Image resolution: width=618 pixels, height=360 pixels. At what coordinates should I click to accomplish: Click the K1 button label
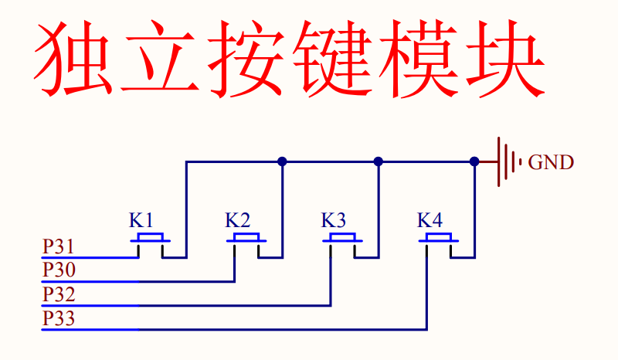click(x=141, y=220)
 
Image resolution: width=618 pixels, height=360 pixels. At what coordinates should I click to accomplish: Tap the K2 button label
click(x=237, y=220)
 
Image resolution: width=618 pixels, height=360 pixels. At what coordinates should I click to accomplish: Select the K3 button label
click(x=334, y=220)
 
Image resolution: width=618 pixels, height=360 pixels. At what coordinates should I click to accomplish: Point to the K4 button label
click(x=430, y=220)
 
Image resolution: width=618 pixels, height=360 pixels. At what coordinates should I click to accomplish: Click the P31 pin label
click(x=59, y=246)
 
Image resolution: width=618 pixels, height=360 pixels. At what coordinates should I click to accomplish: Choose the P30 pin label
click(x=59, y=270)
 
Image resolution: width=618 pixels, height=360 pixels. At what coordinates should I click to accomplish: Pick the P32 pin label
click(x=59, y=294)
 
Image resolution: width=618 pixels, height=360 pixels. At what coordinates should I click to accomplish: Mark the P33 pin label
click(x=59, y=318)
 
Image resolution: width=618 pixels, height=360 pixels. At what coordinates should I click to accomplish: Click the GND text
click(x=551, y=162)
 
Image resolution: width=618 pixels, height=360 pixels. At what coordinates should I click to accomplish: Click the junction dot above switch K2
click(x=282, y=161)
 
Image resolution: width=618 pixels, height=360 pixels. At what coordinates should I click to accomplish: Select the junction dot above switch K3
click(x=379, y=161)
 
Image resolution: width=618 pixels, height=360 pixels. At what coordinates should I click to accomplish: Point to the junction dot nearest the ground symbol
click(x=474, y=161)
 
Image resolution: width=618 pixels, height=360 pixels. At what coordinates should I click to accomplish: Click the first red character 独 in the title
click(x=73, y=59)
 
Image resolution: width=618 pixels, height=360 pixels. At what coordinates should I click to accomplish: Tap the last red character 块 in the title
click(x=506, y=59)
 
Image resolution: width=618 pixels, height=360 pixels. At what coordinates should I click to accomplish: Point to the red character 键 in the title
click(x=332, y=59)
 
